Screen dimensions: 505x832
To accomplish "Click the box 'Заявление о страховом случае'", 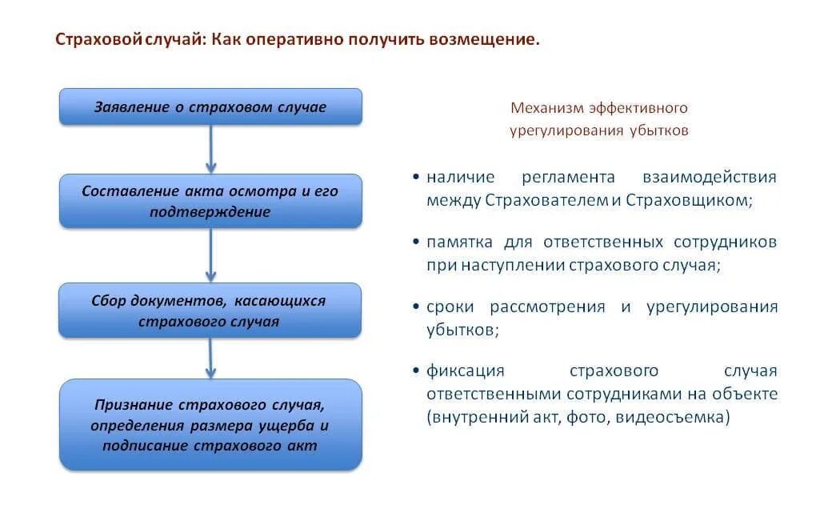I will point(210,106).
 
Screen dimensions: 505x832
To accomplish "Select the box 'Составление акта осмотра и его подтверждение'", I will point(210,201).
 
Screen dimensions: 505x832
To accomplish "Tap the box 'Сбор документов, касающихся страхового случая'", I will point(210,311).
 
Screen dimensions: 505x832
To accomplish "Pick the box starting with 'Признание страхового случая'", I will point(210,424).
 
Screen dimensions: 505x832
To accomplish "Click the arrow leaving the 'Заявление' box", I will point(210,149).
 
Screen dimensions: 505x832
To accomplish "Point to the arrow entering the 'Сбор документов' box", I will point(210,255).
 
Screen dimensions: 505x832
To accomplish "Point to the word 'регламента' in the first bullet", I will point(568,177).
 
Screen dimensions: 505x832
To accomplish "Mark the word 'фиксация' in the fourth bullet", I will point(465,371).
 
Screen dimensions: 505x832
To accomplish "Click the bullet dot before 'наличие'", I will point(416,177).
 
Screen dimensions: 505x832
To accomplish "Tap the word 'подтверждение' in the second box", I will point(210,212).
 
